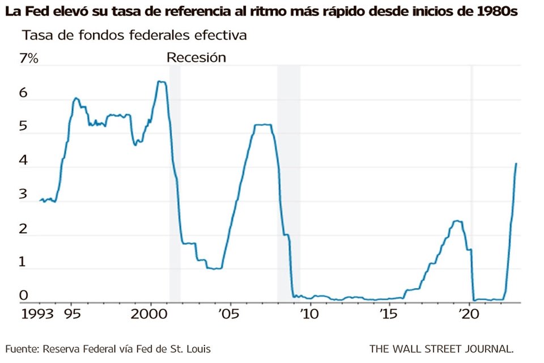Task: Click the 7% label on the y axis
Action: tap(28, 58)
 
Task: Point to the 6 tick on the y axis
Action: tap(23, 93)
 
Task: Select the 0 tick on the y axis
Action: tap(23, 295)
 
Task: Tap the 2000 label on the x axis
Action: tap(150, 314)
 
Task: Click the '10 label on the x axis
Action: tap(309, 314)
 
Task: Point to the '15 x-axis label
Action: tap(388, 314)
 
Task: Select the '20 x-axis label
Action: tap(469, 314)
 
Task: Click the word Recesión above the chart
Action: tap(196, 57)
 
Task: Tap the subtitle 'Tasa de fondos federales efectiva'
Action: tap(134, 35)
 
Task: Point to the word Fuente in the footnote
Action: tap(22, 348)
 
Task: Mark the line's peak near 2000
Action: tap(161, 82)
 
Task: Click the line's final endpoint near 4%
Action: tap(516, 163)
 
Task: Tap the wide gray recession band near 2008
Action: tap(288, 181)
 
